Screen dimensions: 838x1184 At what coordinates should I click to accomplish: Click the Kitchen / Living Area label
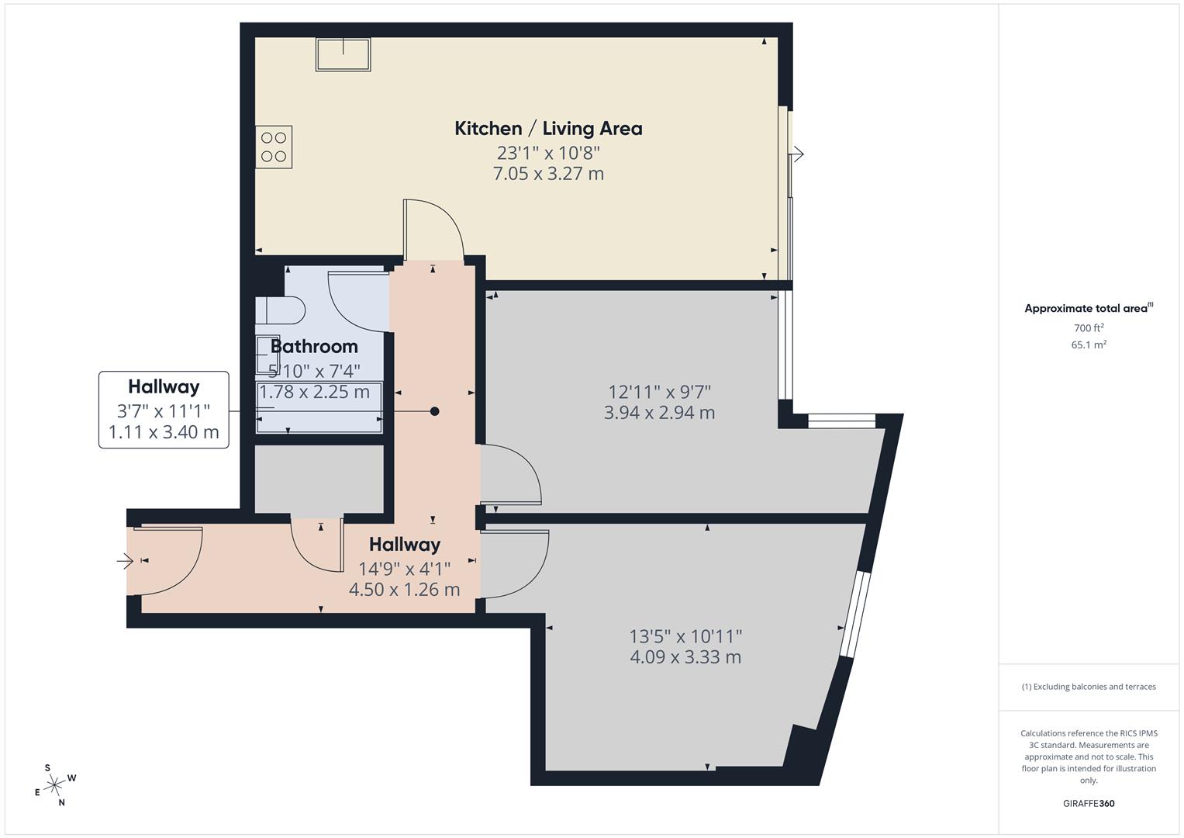(x=548, y=129)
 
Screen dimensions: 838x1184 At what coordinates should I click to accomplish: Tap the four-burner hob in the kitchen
(x=274, y=147)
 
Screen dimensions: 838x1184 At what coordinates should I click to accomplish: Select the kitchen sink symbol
(x=343, y=54)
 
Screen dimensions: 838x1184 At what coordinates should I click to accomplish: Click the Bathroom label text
(x=314, y=347)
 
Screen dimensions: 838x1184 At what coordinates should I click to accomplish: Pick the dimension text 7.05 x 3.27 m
(x=548, y=174)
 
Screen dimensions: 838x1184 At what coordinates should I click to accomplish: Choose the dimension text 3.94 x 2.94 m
(x=659, y=413)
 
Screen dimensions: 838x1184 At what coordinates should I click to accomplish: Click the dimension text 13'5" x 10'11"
(x=685, y=636)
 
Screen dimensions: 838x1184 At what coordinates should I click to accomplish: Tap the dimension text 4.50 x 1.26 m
(x=404, y=590)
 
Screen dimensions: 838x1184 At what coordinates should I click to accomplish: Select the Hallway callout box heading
(x=164, y=386)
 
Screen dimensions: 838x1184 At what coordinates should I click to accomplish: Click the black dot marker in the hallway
(x=435, y=411)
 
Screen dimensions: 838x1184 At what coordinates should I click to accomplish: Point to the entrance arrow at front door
(x=124, y=560)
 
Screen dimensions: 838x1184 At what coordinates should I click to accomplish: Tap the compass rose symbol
(x=54, y=785)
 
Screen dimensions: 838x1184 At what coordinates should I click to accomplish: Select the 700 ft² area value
(x=1089, y=328)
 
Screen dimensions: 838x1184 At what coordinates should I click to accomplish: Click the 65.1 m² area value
(x=1089, y=345)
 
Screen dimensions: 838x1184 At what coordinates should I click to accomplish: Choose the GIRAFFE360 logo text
(x=1089, y=804)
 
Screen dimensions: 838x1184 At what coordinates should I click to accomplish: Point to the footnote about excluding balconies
(x=1089, y=687)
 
